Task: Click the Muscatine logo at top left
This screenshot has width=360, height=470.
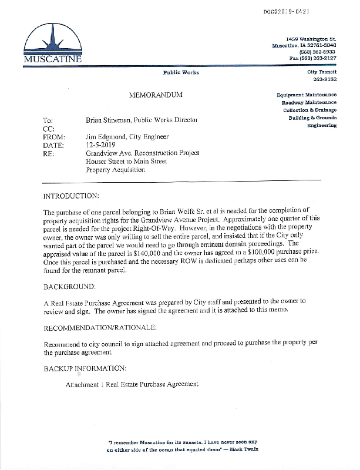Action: click(x=53, y=43)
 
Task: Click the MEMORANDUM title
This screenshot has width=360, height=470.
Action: click(x=156, y=95)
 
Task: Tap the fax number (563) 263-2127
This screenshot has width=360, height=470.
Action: click(x=314, y=58)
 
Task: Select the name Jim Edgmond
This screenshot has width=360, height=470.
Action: click(x=105, y=137)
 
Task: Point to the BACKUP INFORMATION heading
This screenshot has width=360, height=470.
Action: click(x=85, y=368)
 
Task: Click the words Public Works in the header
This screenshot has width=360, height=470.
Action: click(x=181, y=72)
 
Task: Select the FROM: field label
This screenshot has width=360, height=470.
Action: click(x=55, y=137)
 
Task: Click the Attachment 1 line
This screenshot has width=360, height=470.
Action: click(x=133, y=384)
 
